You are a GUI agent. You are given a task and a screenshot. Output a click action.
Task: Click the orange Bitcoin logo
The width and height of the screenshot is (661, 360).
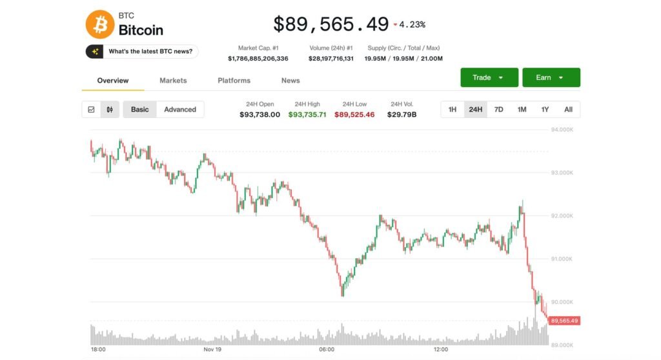100,24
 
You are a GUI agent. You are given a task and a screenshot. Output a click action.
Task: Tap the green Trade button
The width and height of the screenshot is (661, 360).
489,77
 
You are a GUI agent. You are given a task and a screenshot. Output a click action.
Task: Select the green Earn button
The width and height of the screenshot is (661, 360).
551,77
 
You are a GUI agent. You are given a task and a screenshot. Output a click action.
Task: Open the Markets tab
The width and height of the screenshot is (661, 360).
173,81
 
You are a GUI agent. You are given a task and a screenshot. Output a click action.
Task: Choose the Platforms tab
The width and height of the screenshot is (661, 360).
234,81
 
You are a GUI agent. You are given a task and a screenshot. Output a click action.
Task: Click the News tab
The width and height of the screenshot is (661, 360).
290,81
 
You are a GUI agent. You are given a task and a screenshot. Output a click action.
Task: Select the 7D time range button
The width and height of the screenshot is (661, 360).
498,110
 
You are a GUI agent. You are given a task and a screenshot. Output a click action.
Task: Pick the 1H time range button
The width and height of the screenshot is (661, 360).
453,110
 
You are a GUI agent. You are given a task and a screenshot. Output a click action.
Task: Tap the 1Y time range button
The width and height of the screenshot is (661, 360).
545,110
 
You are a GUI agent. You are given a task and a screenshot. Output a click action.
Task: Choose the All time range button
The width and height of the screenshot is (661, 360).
568,110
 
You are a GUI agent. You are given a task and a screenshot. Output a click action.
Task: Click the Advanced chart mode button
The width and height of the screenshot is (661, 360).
180,110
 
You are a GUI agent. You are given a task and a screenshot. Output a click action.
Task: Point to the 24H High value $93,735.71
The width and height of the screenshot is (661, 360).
307,115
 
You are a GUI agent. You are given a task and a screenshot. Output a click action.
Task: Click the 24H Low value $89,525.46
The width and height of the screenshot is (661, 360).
354,115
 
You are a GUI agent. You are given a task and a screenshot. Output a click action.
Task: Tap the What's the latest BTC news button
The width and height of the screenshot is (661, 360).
142,52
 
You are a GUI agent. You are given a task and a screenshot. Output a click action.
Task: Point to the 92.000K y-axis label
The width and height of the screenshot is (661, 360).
562,216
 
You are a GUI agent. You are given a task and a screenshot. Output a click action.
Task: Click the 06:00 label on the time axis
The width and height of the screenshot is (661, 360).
327,350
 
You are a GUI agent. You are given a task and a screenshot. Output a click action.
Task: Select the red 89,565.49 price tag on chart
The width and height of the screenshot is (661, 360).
565,321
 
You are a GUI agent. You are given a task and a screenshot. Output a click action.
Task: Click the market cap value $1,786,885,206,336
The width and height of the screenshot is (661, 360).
258,59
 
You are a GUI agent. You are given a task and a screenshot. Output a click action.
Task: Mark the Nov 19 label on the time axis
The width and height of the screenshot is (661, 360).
212,350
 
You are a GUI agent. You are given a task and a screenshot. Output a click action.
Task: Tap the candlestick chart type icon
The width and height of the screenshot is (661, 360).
110,110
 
